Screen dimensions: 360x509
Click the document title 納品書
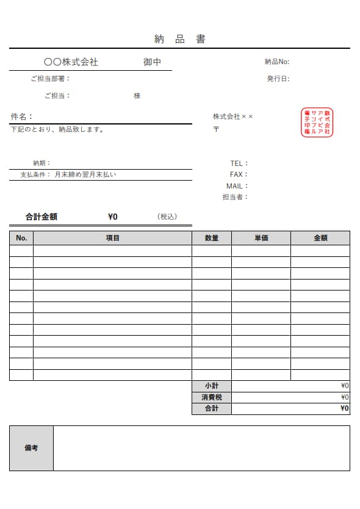179,40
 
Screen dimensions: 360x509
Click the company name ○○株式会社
71,62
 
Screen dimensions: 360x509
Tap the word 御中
152,62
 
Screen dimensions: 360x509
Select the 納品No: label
277,62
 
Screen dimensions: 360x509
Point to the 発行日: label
278,79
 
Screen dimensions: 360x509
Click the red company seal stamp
317,123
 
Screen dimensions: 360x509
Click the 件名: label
22,117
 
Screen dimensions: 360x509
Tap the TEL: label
239,164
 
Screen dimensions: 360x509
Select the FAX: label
239,175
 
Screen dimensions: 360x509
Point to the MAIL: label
237,186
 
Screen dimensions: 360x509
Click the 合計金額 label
41,217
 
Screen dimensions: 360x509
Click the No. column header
21,238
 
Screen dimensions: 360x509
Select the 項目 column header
113,238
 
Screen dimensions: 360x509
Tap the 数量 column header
212,238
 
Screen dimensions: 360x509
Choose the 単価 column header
261,238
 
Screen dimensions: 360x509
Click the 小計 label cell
212,386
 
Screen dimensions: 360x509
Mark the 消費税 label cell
212,397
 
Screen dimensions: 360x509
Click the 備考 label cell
31,448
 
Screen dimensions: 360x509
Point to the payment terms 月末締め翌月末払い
85,175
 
